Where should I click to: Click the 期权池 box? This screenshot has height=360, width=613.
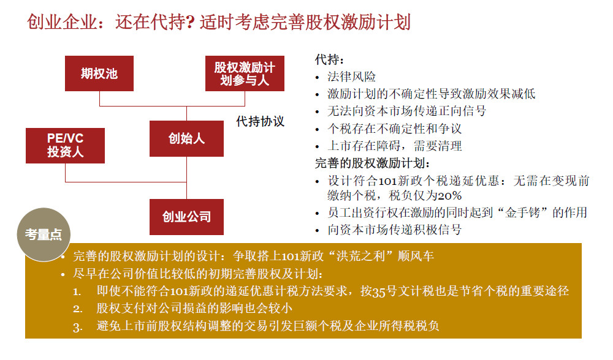tap(99, 73)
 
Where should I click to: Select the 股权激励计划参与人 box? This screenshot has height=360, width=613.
tap(245, 73)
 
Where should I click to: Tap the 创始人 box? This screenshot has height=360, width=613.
tap(186, 138)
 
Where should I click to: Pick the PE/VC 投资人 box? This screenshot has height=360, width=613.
tap(66, 145)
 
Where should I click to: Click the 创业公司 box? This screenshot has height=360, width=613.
tap(186, 217)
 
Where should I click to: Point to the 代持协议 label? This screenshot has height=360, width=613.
tap(260, 121)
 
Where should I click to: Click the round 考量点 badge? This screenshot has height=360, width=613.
tap(44, 234)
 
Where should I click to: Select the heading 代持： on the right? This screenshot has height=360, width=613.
tap(330, 60)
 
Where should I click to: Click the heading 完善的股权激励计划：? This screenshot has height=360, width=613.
tap(372, 163)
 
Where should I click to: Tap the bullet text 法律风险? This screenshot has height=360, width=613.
tap(351, 77)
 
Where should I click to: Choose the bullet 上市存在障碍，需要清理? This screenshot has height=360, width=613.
tap(394, 146)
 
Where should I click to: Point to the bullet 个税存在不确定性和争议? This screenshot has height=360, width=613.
tap(394, 129)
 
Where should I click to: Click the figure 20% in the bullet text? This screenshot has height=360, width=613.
tap(449, 196)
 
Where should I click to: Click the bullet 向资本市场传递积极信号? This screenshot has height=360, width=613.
tap(394, 230)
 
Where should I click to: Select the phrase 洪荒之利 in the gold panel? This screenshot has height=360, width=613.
tap(361, 256)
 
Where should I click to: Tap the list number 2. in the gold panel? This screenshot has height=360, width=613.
tap(78, 309)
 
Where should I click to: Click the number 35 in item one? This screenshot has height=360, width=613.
tap(379, 292)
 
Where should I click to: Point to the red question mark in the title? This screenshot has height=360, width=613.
tap(191, 22)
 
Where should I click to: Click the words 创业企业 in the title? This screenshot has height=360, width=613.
tap(62, 22)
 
